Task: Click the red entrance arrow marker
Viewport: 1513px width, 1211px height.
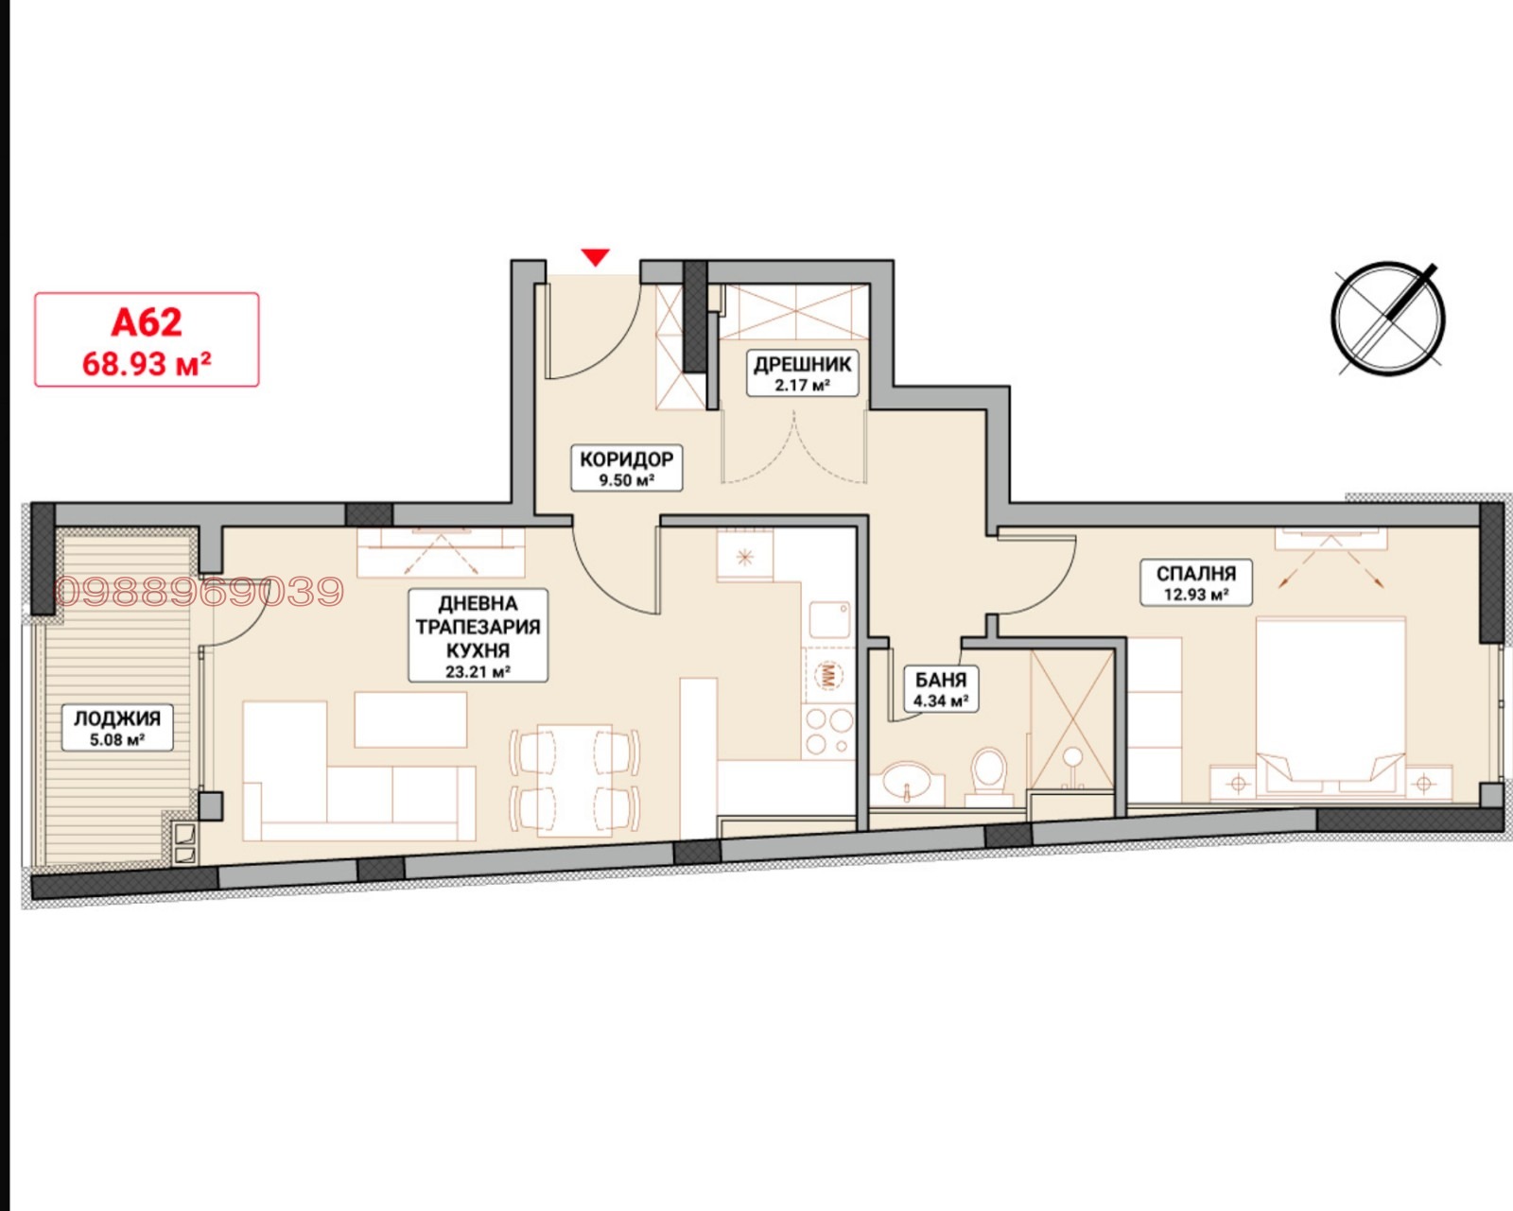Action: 596,257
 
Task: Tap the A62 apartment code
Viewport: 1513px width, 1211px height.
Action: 147,322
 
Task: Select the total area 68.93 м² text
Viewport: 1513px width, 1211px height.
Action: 147,363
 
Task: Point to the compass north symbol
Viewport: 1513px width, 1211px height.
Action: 1387,319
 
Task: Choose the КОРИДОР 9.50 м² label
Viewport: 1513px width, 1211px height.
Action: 626,468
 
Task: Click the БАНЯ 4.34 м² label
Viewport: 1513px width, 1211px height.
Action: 941,689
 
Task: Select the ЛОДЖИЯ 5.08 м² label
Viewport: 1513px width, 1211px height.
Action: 117,728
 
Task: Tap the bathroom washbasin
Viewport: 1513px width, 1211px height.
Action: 908,780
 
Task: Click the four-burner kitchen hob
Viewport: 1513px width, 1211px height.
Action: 829,732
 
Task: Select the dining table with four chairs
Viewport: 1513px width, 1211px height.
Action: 575,781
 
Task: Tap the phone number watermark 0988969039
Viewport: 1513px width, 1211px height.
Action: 199,592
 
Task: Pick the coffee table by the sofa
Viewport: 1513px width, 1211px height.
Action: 410,719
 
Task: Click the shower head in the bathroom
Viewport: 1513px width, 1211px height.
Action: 1072,757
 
